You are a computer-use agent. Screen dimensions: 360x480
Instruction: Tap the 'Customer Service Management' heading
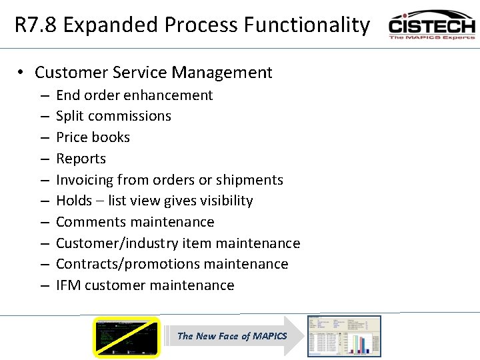[153, 73]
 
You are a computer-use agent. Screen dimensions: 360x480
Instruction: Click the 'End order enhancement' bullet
[134, 95]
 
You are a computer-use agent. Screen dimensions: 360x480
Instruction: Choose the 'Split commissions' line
[113, 116]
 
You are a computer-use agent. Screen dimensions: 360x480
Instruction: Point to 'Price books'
[93, 137]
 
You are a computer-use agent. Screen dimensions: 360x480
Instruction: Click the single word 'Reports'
[81, 159]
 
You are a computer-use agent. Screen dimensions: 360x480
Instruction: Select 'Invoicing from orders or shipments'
[169, 180]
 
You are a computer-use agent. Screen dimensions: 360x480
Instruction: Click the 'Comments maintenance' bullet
[135, 222]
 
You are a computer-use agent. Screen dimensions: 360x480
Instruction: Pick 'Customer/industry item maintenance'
[178, 243]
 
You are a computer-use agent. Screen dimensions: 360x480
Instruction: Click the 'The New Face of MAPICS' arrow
[232, 336]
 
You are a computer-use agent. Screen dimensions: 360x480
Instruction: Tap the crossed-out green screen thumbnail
[127, 337]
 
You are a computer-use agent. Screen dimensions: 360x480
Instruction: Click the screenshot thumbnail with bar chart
[343, 336]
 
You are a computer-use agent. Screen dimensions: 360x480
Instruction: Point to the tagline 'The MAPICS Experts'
[431, 37]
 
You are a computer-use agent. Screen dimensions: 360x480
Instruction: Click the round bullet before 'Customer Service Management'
[22, 73]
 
